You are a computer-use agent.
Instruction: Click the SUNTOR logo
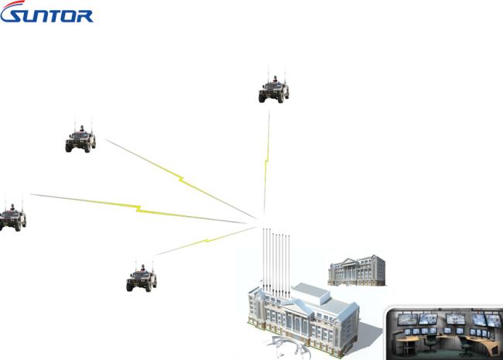[x=46, y=12]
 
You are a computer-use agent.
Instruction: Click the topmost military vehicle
[x=274, y=87]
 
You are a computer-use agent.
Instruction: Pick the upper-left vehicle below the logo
[x=80, y=135]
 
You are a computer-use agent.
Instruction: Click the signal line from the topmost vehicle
[x=266, y=163]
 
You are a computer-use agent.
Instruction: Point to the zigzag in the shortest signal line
[x=207, y=240]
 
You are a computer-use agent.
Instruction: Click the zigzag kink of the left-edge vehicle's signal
[x=139, y=208]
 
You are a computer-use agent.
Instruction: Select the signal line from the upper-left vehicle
[x=181, y=179]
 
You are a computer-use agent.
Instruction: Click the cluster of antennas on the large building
[x=276, y=261]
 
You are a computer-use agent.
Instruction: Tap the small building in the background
[x=357, y=270]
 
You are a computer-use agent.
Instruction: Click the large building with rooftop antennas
[x=303, y=319]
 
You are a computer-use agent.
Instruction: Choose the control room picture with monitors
[x=444, y=333]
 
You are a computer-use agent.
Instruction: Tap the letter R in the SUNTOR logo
[x=84, y=16]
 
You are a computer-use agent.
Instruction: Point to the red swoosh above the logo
[x=15, y=5]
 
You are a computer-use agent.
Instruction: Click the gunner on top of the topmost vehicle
[x=275, y=79]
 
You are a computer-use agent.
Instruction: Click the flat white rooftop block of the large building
[x=311, y=293]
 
